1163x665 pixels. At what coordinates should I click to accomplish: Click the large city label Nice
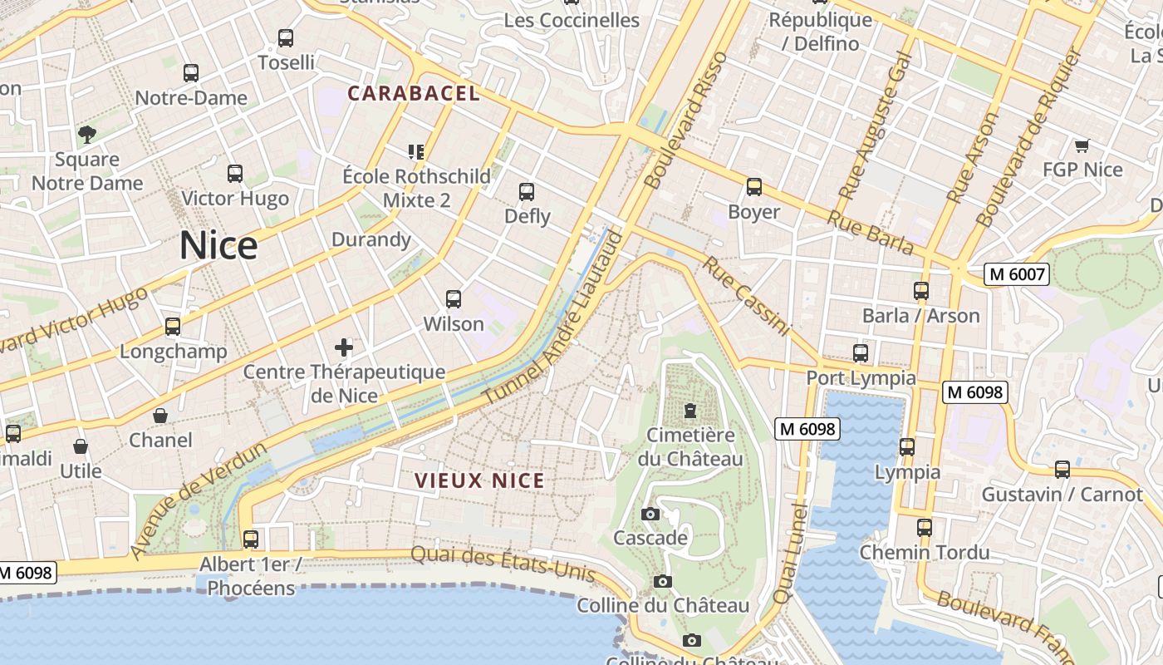click(x=218, y=246)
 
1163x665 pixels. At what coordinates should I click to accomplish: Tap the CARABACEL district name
click(x=414, y=93)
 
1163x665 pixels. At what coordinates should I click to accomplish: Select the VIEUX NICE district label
click(x=479, y=480)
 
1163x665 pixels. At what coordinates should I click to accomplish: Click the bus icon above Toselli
click(x=286, y=37)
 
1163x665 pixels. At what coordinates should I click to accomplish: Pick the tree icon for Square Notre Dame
click(x=86, y=134)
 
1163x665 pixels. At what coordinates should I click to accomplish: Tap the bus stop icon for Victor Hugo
click(x=235, y=174)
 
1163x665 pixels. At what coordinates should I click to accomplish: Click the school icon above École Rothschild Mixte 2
click(x=416, y=151)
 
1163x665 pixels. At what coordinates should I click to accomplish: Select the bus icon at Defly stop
click(x=527, y=192)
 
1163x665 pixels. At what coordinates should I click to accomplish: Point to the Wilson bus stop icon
click(x=454, y=299)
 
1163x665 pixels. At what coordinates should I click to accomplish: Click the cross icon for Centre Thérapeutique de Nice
click(x=344, y=347)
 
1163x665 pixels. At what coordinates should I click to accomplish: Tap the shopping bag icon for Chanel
click(x=160, y=415)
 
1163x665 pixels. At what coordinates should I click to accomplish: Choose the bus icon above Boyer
click(x=754, y=187)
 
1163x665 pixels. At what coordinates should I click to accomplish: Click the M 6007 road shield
click(x=1017, y=274)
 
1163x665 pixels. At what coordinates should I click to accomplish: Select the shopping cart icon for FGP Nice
click(x=1082, y=146)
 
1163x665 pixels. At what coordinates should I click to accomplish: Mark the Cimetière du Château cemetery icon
click(x=690, y=410)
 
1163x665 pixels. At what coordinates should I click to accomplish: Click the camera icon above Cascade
click(x=650, y=514)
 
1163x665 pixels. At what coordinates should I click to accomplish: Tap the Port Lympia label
click(x=861, y=378)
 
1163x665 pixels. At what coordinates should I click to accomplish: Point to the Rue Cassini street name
click(x=745, y=295)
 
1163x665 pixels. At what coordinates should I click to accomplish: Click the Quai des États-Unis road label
click(x=503, y=563)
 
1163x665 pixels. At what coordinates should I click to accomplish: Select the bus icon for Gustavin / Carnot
click(x=1062, y=470)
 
